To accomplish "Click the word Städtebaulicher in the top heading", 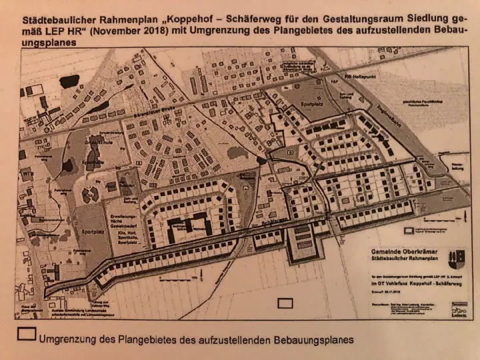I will pos(57,19).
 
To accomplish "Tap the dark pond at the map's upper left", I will pos(100,106).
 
